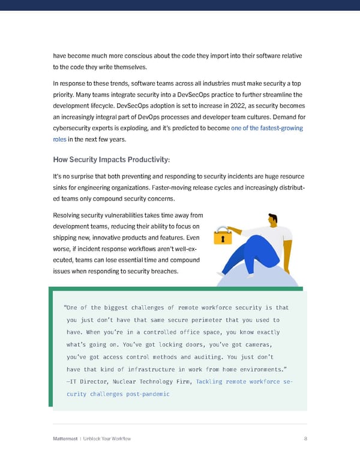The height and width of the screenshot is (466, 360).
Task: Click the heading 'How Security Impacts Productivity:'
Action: point(112,159)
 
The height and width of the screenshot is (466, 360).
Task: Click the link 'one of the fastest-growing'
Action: point(266,128)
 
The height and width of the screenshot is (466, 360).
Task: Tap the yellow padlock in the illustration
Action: point(224,235)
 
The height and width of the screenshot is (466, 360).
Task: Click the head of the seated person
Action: point(273,220)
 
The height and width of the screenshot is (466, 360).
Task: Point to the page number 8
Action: point(305,438)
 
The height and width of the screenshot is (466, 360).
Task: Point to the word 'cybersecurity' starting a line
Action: point(74,128)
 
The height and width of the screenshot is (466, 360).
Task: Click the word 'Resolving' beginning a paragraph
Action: point(68,215)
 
